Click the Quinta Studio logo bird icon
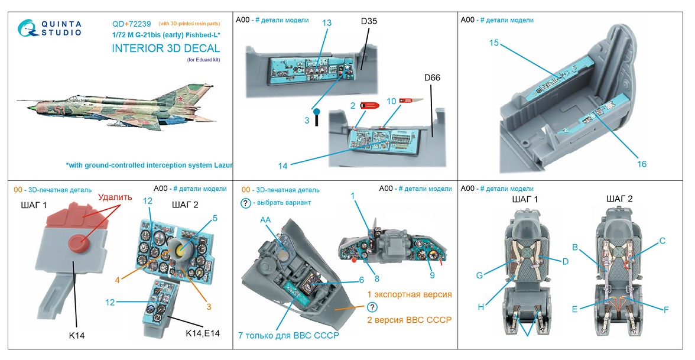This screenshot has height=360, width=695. click(x=27, y=28)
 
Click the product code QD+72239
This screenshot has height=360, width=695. click(x=131, y=24)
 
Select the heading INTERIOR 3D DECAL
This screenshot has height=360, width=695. click(x=165, y=48)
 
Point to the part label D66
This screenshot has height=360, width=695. click(x=432, y=77)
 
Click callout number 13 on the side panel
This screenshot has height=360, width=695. click(x=327, y=23)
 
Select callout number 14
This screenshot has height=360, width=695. click(x=282, y=166)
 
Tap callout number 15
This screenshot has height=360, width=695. click(x=494, y=43)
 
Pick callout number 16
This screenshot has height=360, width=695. click(x=642, y=164)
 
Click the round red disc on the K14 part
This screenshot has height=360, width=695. click(x=80, y=243)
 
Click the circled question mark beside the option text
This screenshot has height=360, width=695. click(x=372, y=307)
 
